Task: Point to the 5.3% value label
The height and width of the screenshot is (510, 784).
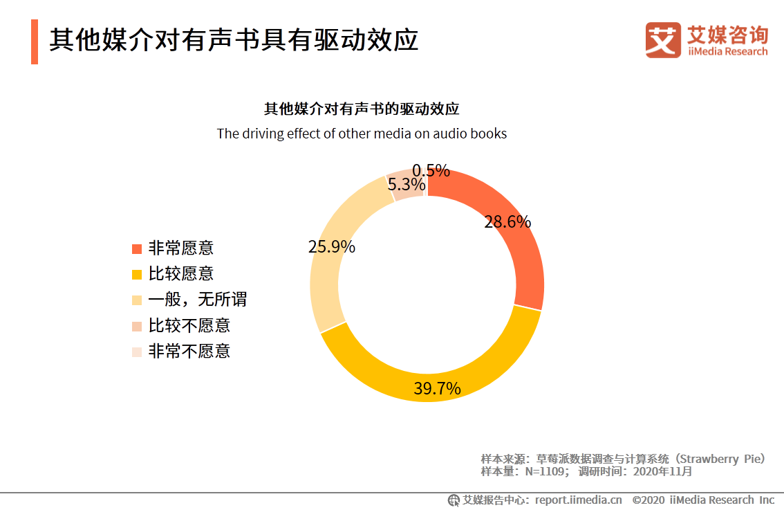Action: coord(406,185)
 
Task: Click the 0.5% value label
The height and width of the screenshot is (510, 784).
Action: coord(431,171)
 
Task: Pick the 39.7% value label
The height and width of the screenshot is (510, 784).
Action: coord(437,389)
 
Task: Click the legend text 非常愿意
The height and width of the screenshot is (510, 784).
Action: coord(180,248)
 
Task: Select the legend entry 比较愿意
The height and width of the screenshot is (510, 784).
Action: coord(180,273)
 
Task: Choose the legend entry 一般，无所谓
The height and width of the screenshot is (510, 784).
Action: coord(197,299)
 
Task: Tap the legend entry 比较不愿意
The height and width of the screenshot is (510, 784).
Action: coord(189,325)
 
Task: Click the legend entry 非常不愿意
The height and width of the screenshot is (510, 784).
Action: coord(189,351)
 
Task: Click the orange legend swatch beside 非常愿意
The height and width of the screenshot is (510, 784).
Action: coord(137,248)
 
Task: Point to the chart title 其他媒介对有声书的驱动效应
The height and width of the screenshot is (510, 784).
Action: coord(362,109)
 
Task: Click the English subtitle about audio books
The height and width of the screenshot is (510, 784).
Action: coord(362,134)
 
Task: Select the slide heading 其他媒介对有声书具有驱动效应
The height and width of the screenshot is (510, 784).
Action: coord(234,40)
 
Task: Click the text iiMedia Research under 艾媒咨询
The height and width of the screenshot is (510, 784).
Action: coord(727,52)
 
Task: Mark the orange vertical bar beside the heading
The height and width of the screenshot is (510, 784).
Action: coord(35,42)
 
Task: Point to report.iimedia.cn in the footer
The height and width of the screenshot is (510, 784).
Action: coord(578,500)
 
